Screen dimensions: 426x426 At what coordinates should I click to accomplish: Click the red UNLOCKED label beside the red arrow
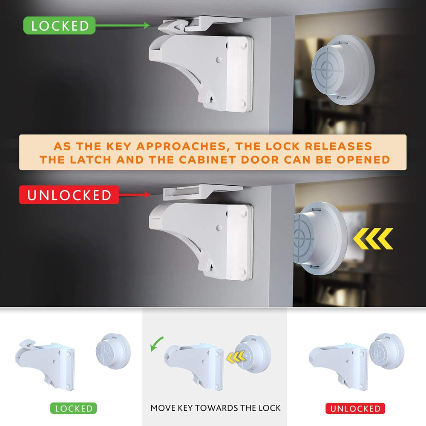(69, 195)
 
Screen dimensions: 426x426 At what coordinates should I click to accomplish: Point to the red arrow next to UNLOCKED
(135, 195)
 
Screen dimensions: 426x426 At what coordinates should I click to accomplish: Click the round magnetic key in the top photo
(341, 70)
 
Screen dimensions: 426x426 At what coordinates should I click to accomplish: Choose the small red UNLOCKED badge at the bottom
(355, 408)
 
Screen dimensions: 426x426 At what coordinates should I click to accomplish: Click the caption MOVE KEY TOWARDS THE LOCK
(216, 408)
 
